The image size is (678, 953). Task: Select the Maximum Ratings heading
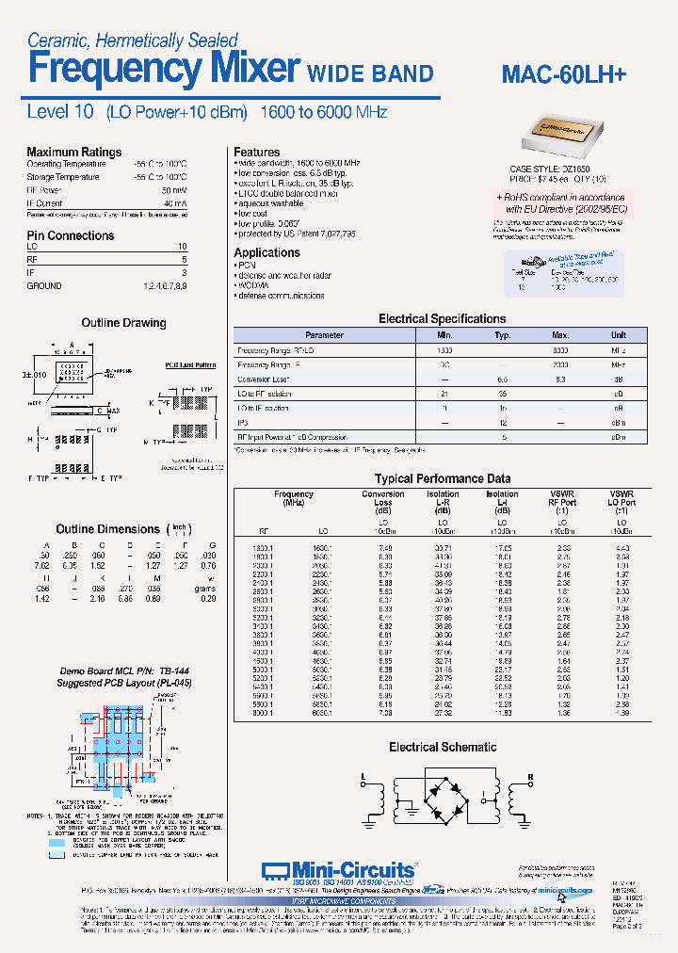pos(73,152)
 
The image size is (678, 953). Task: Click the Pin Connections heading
pos(70,235)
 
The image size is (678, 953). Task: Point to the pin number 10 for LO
pos(182,247)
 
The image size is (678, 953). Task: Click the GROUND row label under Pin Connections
pos(44,286)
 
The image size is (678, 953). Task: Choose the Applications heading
pos(266,252)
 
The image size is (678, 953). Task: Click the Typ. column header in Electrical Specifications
pos(502,335)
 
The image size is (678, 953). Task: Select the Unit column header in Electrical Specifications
pos(618,335)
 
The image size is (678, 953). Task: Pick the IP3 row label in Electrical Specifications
pos(244,423)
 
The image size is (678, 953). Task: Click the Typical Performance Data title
pos(442,478)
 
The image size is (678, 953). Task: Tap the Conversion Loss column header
pos(382,499)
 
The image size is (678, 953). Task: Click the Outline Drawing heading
pos(123,323)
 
